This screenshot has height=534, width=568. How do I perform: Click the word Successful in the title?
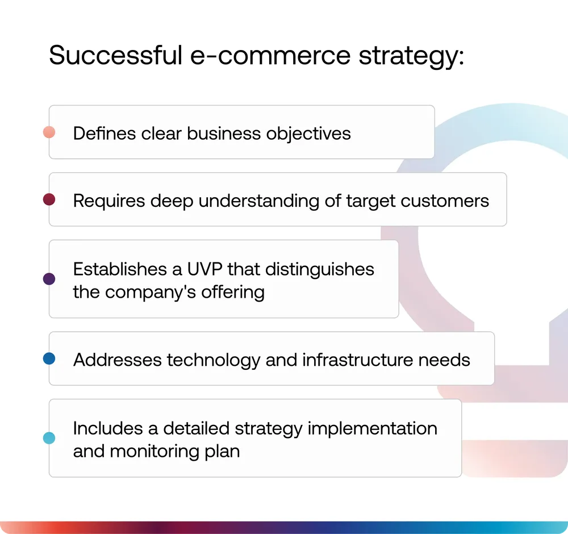point(116,55)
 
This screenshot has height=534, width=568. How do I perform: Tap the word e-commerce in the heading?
point(270,56)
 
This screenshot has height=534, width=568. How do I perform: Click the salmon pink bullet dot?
point(49,132)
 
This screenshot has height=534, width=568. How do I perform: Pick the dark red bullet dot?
point(49,199)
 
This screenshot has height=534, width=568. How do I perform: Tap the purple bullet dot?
point(49,279)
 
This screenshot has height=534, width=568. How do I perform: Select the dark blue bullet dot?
point(49,358)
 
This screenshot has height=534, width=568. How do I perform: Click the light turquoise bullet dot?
point(49,438)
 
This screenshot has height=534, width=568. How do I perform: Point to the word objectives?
point(308,133)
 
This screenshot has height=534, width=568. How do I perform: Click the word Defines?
point(105,133)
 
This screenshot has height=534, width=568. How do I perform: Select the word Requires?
point(109,201)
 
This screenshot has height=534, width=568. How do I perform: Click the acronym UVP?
point(204,269)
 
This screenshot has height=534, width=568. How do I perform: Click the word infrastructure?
point(357,360)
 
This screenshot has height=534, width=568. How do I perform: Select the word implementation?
point(373,429)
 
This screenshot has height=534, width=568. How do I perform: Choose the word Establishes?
point(120,269)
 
